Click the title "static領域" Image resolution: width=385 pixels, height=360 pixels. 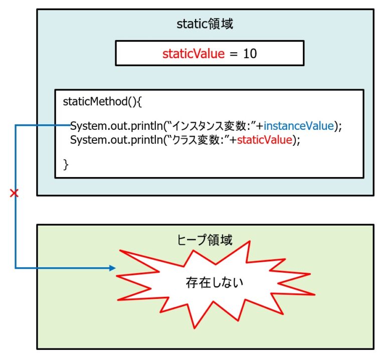pyautogui.click(x=205, y=24)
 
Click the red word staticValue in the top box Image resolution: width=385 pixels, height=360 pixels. pyautogui.click(x=193, y=54)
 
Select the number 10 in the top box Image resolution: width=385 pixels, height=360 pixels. pyautogui.click(x=250, y=54)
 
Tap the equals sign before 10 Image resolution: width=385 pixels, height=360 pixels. pyautogui.click(x=234, y=54)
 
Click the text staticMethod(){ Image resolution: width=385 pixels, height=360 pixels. pyautogui.click(x=102, y=101)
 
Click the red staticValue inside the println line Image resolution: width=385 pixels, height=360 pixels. pyautogui.click(x=264, y=140)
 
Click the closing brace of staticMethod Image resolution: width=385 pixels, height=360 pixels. pyautogui.click(x=66, y=164)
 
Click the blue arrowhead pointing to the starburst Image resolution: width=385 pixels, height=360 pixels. pyautogui.click(x=113, y=268)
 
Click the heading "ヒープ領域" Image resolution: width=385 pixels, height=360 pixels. pyautogui.click(x=205, y=240)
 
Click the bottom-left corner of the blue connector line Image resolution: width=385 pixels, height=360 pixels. pyautogui.click(x=16, y=268)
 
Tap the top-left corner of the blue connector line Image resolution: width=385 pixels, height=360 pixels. pyautogui.click(x=16, y=125)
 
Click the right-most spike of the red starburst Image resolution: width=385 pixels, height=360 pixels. pyautogui.click(x=315, y=294)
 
